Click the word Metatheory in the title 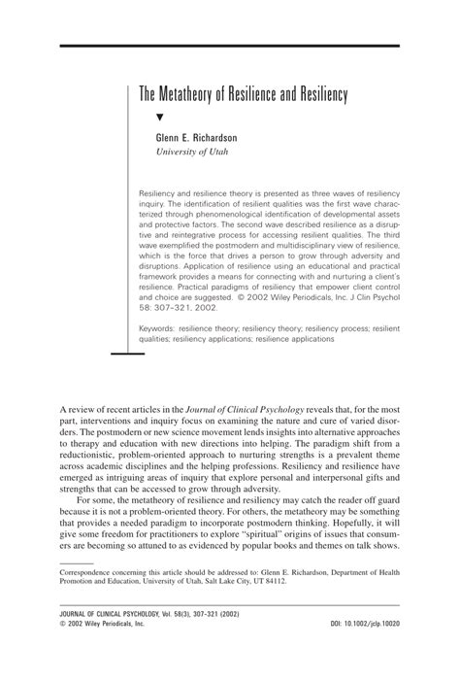(x=190, y=96)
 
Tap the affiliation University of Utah (x=195, y=153)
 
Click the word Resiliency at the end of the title (x=317, y=96)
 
